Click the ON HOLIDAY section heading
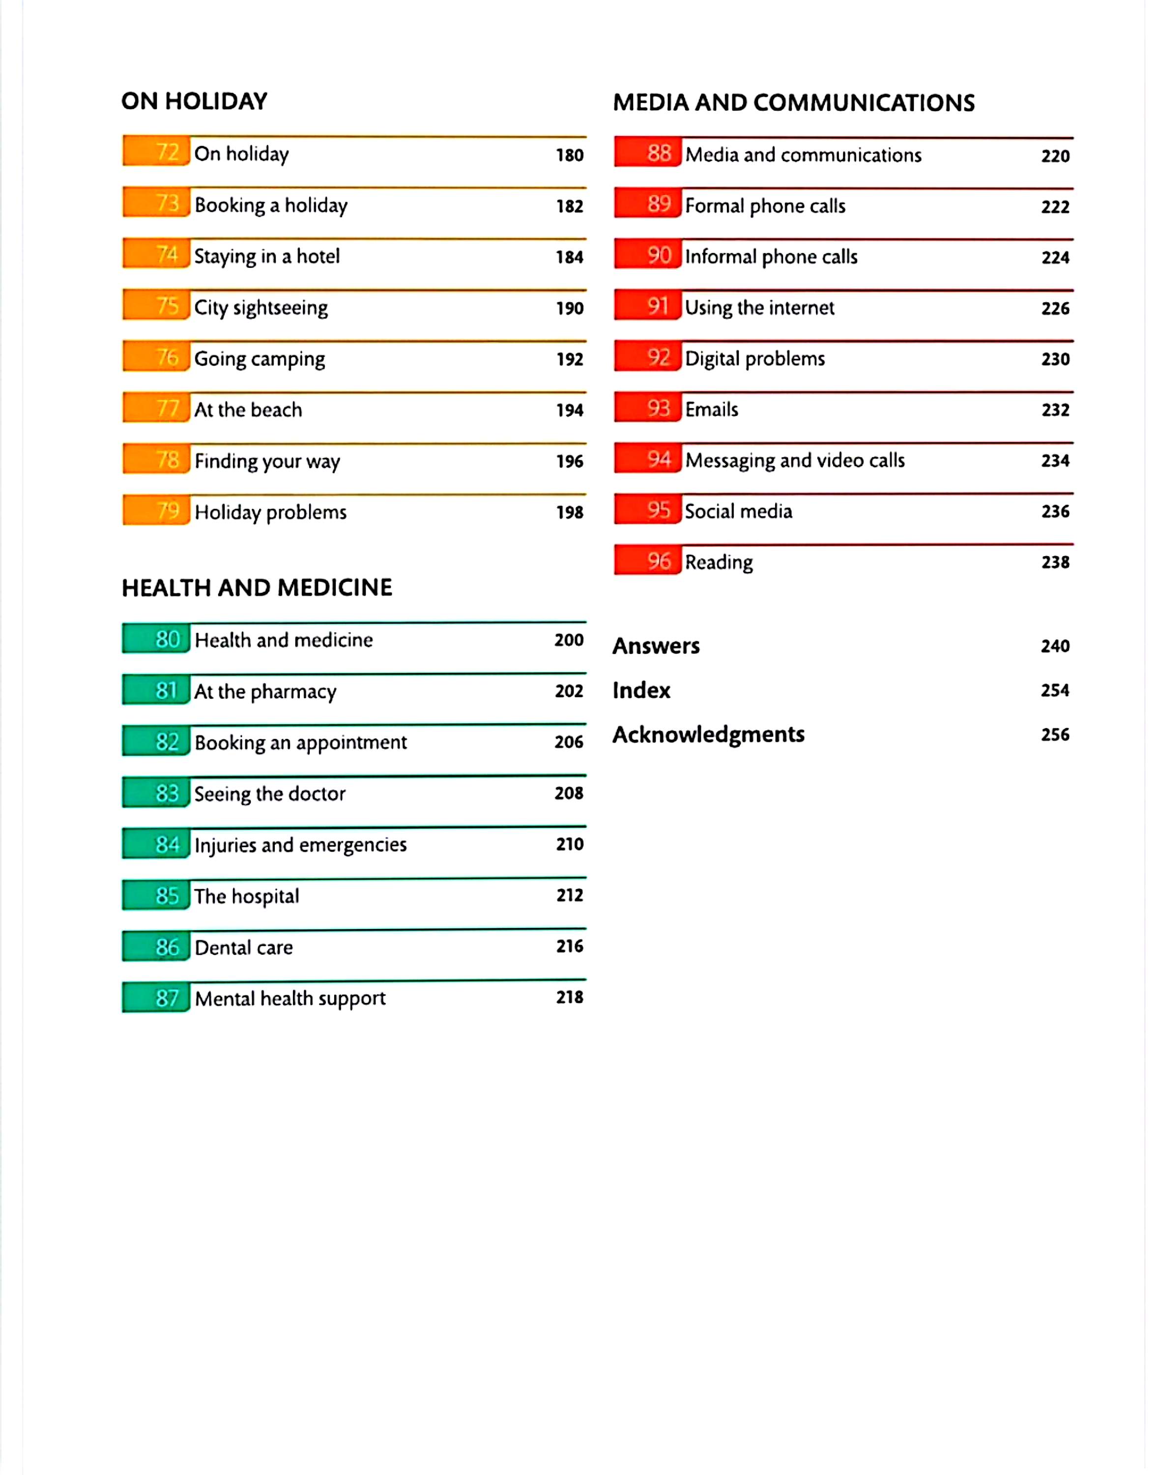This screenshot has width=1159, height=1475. coord(194,101)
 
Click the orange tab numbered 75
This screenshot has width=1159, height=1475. coord(157,306)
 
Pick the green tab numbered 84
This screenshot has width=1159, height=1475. coord(157,844)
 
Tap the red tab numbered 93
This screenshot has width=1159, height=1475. coord(648,408)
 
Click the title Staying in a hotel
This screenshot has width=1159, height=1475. coord(267,257)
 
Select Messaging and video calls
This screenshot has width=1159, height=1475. coord(795,460)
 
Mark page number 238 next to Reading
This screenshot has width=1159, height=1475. coord(1055,562)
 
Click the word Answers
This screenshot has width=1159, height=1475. coord(656,646)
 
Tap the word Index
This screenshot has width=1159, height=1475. coord(641,690)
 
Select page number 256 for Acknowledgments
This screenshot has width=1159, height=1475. coord(1055,735)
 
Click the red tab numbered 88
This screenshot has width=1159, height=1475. coord(648,153)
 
